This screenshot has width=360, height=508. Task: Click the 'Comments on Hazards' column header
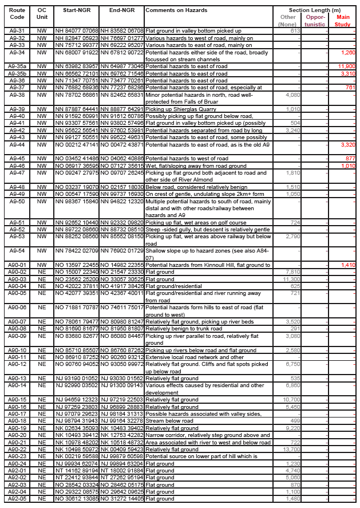coord(176,11)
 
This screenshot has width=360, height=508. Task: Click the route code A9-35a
coord(17,66)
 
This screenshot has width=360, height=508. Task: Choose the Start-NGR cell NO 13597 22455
coord(77,265)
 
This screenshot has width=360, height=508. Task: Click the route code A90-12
coord(17,364)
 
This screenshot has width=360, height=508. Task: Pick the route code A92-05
coord(17,498)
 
